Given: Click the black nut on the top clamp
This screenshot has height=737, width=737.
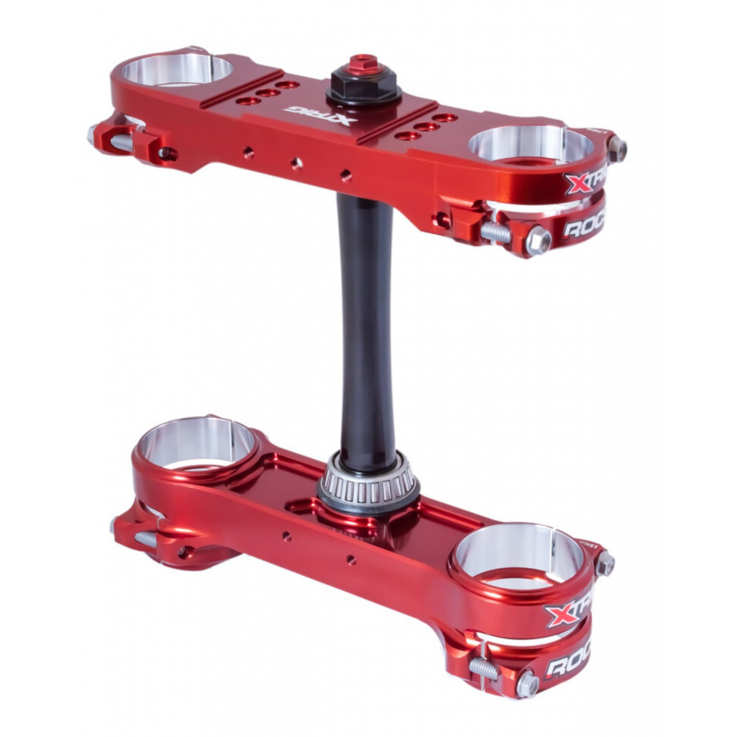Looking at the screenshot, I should tap(363, 88).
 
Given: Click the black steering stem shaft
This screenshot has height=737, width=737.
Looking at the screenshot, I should tap(366, 323).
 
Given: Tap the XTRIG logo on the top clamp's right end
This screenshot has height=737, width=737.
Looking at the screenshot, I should tap(584, 181).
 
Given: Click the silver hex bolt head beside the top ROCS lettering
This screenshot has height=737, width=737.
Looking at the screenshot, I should tap(538, 240).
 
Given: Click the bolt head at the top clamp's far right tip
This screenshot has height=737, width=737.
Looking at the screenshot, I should tap(617, 148).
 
